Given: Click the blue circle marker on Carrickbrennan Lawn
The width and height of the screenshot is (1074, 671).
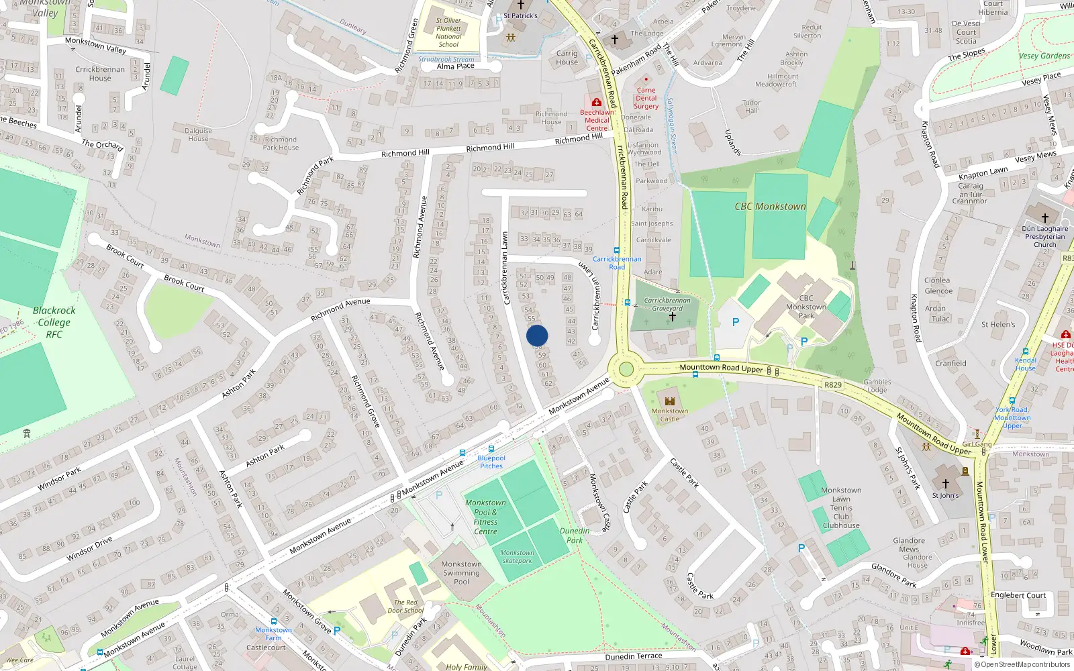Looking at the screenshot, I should pos(537,335).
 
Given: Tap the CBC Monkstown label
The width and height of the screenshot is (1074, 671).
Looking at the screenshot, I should pos(770,207).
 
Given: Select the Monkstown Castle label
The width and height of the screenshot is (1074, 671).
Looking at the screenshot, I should pos(669,415).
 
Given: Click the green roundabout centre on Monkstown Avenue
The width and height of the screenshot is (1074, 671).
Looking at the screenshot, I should pos(626,369).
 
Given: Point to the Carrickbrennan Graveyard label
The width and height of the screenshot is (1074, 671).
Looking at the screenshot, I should pos(667,305).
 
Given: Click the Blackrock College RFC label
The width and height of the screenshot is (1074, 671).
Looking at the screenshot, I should pos(54,322).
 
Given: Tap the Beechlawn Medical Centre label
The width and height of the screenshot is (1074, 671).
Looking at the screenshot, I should pos(597,120).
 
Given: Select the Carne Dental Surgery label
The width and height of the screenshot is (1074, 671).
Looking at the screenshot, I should pos(646,98).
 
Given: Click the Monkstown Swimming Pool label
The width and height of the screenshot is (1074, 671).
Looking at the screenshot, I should pos(461,573).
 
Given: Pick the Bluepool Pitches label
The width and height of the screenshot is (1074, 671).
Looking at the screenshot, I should pos(491,462).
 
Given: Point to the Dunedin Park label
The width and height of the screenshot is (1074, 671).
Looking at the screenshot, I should pos(575,535).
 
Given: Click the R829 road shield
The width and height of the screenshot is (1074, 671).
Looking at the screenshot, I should pos(832,385).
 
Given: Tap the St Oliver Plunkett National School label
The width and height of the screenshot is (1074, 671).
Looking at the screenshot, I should pos(448,32).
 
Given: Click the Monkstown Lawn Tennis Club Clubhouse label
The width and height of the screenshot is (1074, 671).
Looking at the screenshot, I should pos(841,508).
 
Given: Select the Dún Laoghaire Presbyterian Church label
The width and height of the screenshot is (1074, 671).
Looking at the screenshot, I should pos(1044,236).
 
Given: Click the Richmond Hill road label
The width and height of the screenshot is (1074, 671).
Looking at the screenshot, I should pos(490,147).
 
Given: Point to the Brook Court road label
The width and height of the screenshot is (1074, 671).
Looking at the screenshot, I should pos(184,283).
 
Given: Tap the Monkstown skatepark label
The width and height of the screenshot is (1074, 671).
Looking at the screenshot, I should pos(517,557).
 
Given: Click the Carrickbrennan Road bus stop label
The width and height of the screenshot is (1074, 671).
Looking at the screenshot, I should pos(617,262).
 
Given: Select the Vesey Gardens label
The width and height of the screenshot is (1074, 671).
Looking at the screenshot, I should pos(1044,56).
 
